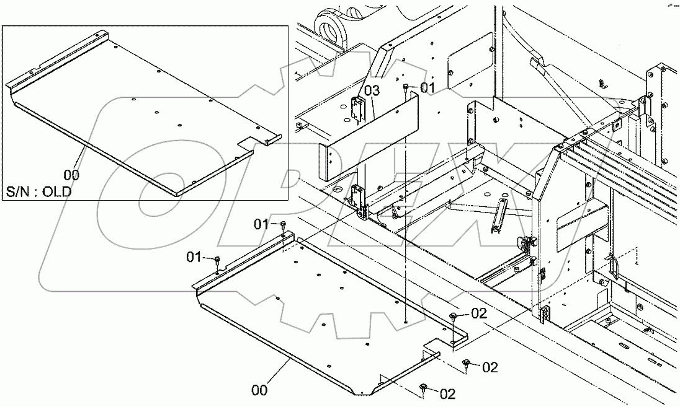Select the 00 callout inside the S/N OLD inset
(x=71, y=175)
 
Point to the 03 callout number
(x=371, y=91)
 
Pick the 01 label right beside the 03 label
(x=428, y=88)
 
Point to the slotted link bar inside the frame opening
(x=498, y=216)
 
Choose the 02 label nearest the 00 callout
(x=447, y=393)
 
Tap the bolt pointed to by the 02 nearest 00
(x=423, y=387)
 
